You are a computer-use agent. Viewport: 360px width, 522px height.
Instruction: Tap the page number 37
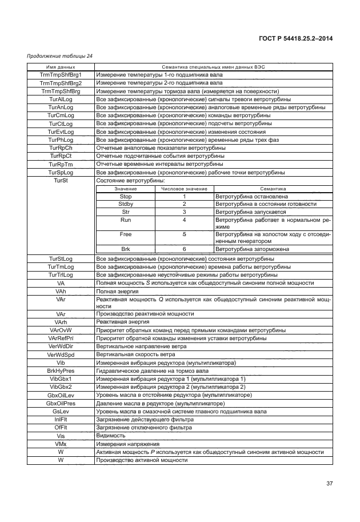pyautogui.click(x=329, y=484)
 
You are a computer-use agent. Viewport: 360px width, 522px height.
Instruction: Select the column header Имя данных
pyautogui.click(x=61, y=67)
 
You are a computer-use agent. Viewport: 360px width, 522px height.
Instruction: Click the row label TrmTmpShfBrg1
pyautogui.click(x=61, y=75)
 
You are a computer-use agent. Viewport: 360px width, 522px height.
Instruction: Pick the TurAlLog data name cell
pyautogui.click(x=61, y=99)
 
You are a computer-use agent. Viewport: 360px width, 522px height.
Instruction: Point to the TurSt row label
pyautogui.click(x=61, y=181)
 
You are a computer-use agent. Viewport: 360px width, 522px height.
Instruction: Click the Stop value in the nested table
pyautogui.click(x=125, y=196)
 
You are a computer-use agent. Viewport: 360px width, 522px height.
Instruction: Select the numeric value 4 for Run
pyautogui.click(x=184, y=220)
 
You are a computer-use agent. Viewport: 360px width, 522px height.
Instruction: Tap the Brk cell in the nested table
pyautogui.click(x=125, y=249)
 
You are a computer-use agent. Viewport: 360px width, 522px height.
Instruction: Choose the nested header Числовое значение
pyautogui.click(x=184, y=188)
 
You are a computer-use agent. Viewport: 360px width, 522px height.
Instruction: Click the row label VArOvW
pyautogui.click(x=61, y=330)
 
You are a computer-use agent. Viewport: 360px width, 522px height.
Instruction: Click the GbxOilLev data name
pyautogui.click(x=61, y=395)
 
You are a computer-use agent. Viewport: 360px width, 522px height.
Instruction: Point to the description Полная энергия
pyautogui.click(x=117, y=291)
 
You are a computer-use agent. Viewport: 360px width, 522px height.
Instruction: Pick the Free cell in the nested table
pyautogui.click(x=125, y=234)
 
